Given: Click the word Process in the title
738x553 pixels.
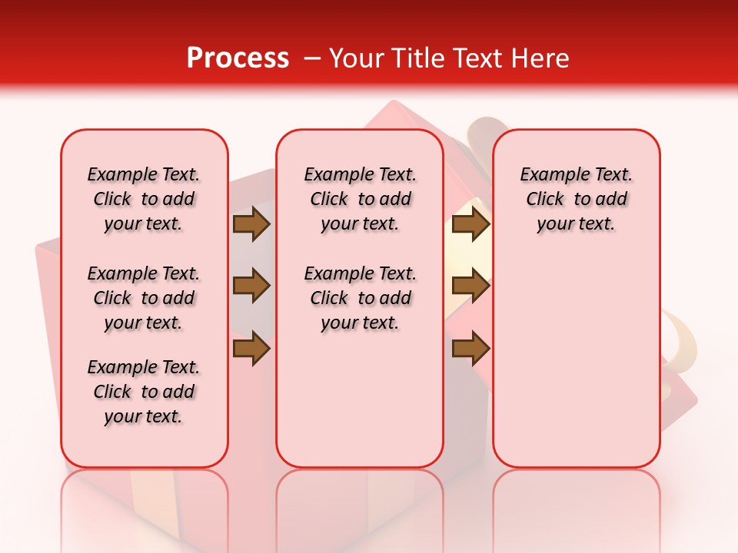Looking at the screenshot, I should [x=238, y=58].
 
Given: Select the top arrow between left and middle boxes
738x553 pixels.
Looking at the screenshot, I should [x=251, y=224].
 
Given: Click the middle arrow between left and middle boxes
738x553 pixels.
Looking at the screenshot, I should [x=251, y=286].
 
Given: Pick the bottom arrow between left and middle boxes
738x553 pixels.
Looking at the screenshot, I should [x=251, y=349].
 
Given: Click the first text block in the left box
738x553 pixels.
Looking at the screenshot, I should [x=144, y=199].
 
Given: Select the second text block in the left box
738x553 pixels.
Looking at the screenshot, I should [x=144, y=298].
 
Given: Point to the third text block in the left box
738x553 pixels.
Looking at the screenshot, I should [x=144, y=392].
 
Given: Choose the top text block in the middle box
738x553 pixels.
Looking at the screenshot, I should [x=360, y=199].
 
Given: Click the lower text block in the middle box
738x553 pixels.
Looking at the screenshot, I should [x=360, y=298].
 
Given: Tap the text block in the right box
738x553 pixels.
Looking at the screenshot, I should [x=576, y=199].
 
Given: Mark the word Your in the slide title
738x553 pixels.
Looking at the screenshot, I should [x=355, y=58].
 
